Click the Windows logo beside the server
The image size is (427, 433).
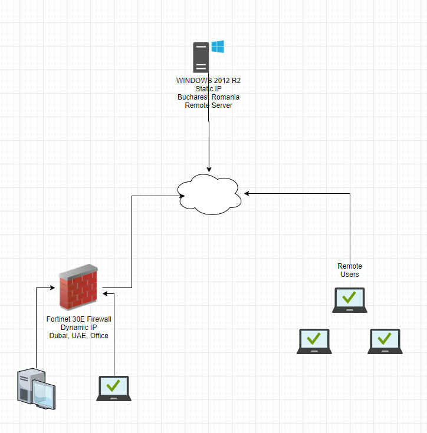(x=218, y=47)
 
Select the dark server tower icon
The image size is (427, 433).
(x=201, y=57)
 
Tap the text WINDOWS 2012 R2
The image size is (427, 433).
(x=208, y=80)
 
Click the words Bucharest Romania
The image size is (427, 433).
(x=208, y=97)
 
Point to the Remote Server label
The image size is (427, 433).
(x=208, y=105)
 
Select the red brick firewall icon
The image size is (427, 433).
(x=78, y=287)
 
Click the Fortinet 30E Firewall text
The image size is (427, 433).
(x=78, y=319)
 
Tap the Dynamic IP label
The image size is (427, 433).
(x=78, y=328)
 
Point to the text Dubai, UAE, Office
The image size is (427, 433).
(x=78, y=336)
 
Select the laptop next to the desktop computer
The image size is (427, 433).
(x=114, y=388)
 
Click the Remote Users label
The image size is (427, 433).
(x=350, y=270)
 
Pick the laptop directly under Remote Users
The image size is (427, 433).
(x=350, y=300)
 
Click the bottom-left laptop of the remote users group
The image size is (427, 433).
(x=314, y=341)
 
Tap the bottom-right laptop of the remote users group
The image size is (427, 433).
(x=385, y=341)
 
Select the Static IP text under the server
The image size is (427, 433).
(x=208, y=88)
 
